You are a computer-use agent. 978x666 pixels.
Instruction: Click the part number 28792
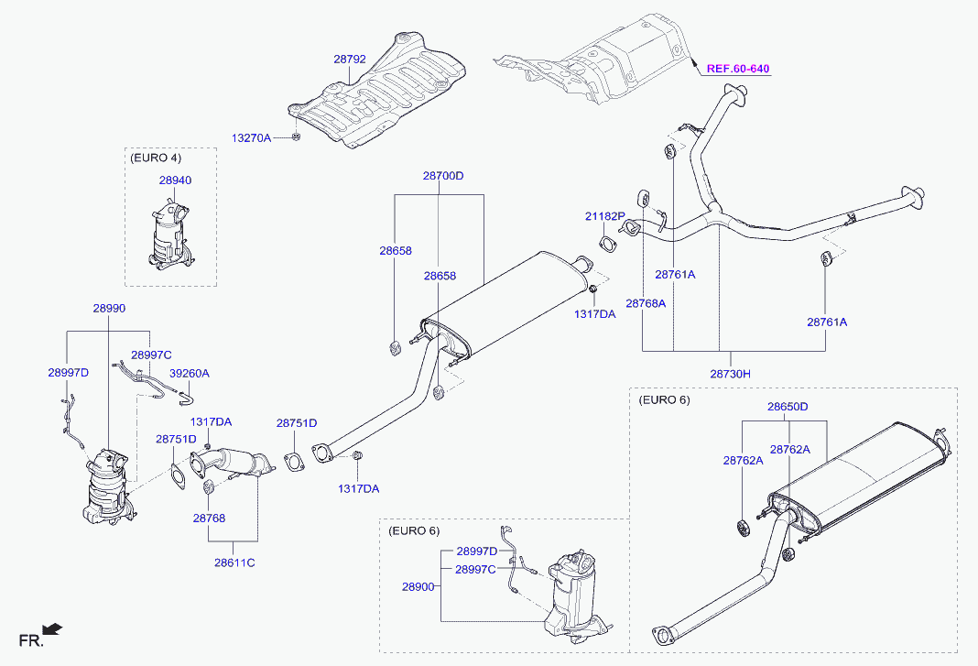[349, 60]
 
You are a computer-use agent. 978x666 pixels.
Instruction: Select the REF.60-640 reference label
[738, 69]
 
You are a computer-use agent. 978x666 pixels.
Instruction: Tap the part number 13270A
[251, 138]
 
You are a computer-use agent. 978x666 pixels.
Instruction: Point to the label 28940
[175, 180]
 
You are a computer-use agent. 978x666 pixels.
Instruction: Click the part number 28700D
[443, 176]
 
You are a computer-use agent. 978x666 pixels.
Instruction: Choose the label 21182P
[605, 216]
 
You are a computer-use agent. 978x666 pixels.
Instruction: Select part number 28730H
[731, 374]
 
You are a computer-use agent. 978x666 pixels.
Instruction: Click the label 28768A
[646, 303]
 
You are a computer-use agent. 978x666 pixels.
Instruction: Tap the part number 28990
[109, 309]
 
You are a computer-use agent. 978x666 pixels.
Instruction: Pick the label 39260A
[190, 373]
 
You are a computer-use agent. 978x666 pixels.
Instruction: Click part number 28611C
[234, 562]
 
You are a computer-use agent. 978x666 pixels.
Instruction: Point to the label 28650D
[788, 407]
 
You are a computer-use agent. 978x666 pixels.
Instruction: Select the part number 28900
[418, 586]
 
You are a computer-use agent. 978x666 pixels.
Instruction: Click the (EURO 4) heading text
[156, 158]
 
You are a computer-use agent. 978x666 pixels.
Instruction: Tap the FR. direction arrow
[52, 628]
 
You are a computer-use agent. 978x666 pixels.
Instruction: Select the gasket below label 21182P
[607, 243]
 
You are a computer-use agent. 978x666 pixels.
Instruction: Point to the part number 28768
[209, 519]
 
